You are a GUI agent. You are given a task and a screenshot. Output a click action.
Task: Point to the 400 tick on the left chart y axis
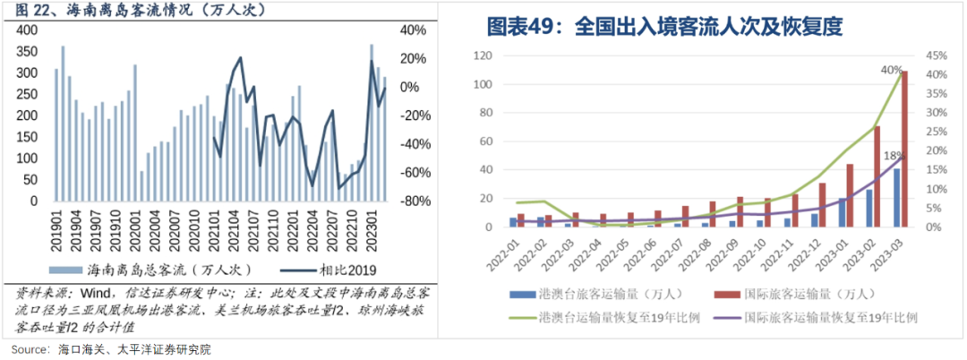29,30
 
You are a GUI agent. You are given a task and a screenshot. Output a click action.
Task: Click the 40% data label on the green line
890,70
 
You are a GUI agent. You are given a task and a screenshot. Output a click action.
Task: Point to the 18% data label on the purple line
894,156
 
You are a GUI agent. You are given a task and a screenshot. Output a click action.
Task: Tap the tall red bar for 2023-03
903,148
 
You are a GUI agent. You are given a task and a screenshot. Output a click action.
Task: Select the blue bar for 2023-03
896,198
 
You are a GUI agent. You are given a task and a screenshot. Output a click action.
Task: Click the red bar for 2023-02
877,176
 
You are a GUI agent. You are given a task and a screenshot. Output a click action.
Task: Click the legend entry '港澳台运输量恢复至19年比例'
619,316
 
